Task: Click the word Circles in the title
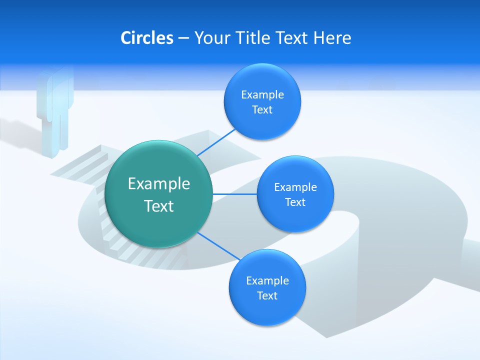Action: pos(147,38)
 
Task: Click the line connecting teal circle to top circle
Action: pos(216,142)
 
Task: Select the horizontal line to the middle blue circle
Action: pos(234,194)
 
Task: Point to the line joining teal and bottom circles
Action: pos(219,246)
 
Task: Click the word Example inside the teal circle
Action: pos(159,183)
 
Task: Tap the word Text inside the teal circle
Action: pos(159,206)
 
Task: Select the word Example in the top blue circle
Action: pos(262,95)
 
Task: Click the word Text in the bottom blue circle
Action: pos(267,295)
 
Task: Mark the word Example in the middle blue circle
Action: pos(295,187)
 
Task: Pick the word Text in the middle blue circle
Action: pos(295,202)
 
